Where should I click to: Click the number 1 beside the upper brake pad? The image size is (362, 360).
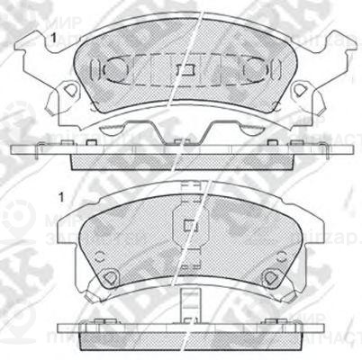(x=56, y=37)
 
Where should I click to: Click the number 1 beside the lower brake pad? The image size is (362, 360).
(x=60, y=197)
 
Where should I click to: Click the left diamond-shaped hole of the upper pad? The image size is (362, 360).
(x=68, y=90)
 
